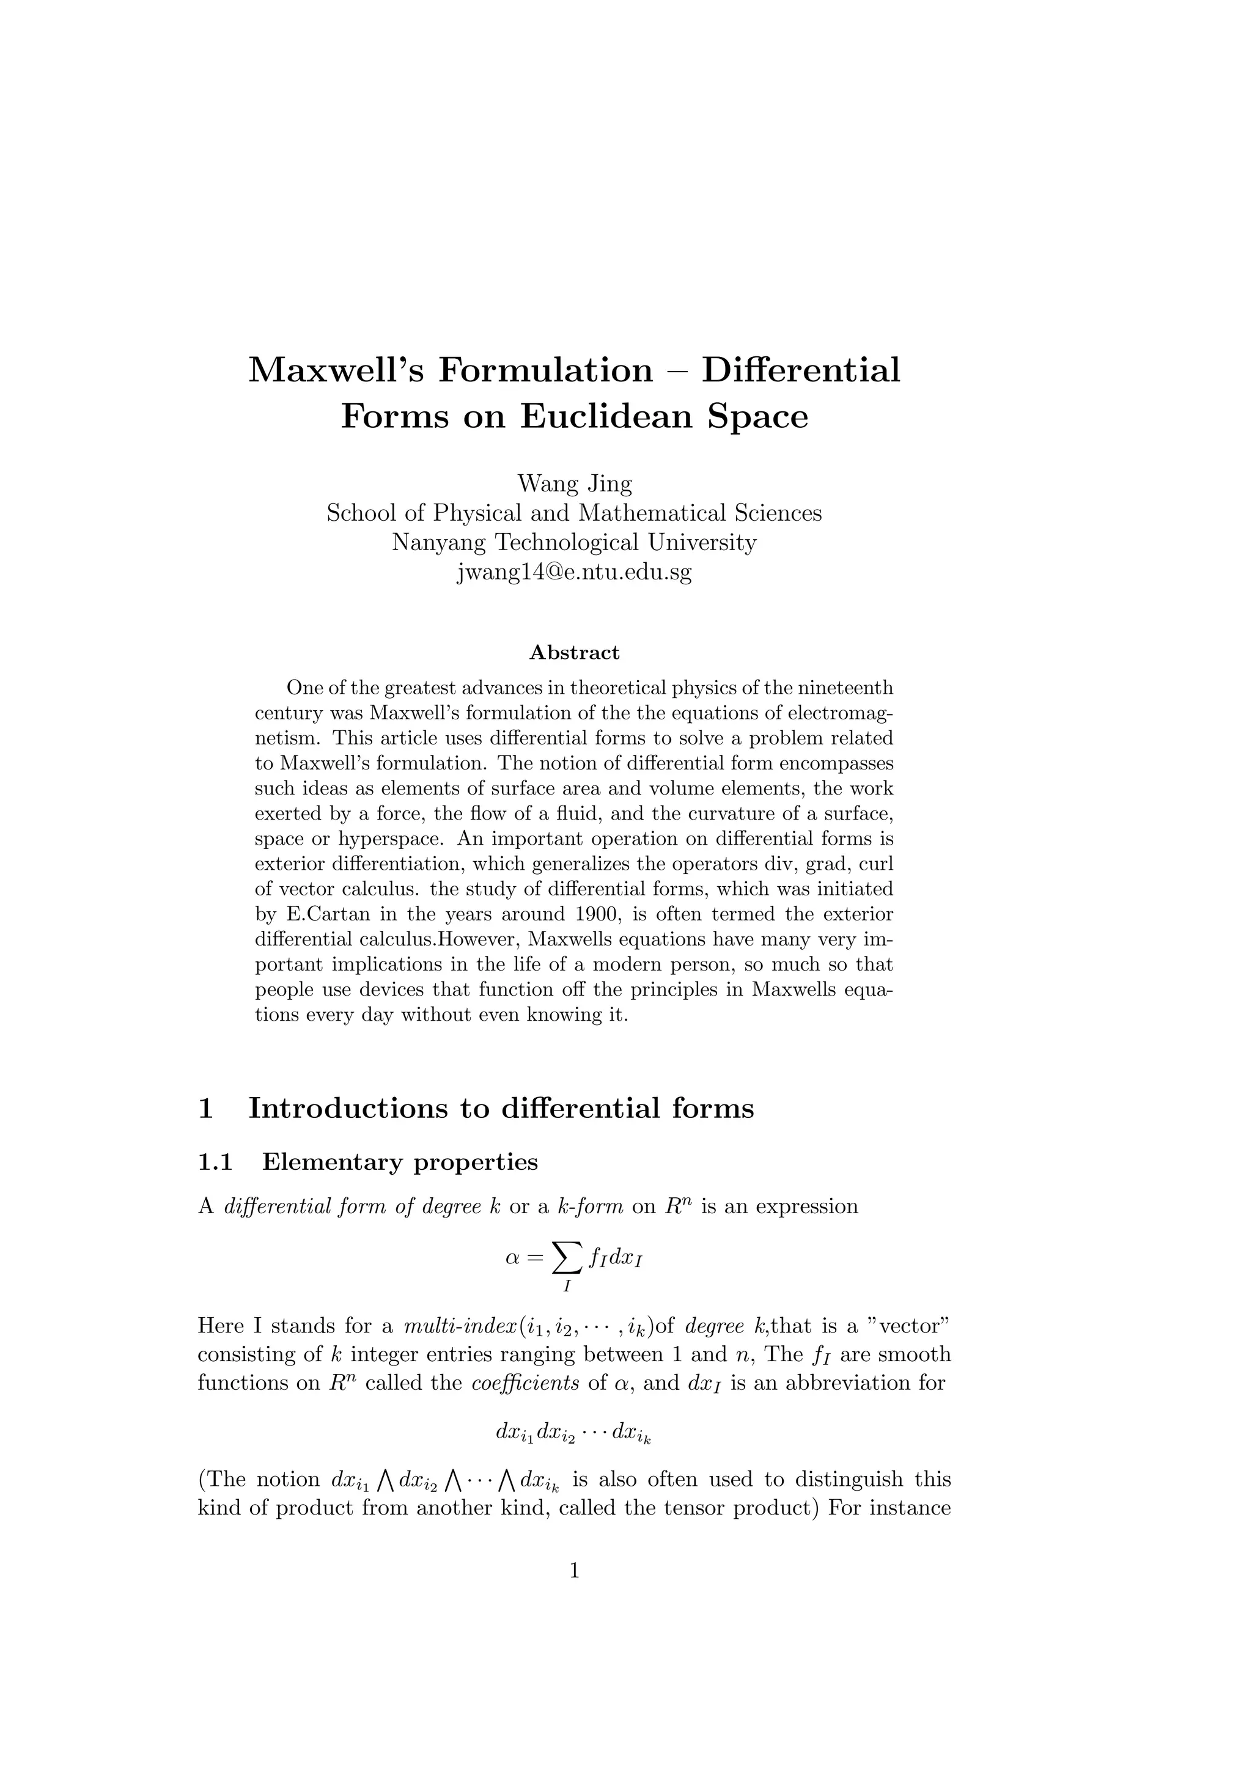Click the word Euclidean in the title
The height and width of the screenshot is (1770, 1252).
coord(608,416)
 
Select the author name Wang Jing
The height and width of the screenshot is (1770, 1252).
coord(575,483)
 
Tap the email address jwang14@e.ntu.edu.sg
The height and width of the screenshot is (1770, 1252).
coord(575,573)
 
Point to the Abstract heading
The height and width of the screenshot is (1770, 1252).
coord(575,653)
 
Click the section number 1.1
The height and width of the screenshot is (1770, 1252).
coord(215,1162)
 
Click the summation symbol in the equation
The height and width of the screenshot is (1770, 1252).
coord(567,1259)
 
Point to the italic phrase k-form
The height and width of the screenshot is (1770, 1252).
coord(591,1206)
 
